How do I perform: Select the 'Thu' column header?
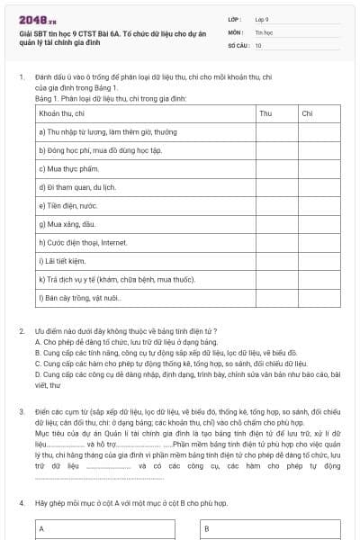[265, 113]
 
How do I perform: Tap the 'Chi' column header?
[307, 113]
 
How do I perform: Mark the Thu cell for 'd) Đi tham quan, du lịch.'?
[275, 186]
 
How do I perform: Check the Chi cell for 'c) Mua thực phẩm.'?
[319, 168]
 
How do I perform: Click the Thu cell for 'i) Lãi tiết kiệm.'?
[275, 260]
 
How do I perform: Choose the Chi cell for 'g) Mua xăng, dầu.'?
[319, 223]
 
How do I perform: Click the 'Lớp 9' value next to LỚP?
[262, 19]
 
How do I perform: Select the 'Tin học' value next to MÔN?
[264, 31]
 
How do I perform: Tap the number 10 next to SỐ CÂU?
[258, 44]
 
